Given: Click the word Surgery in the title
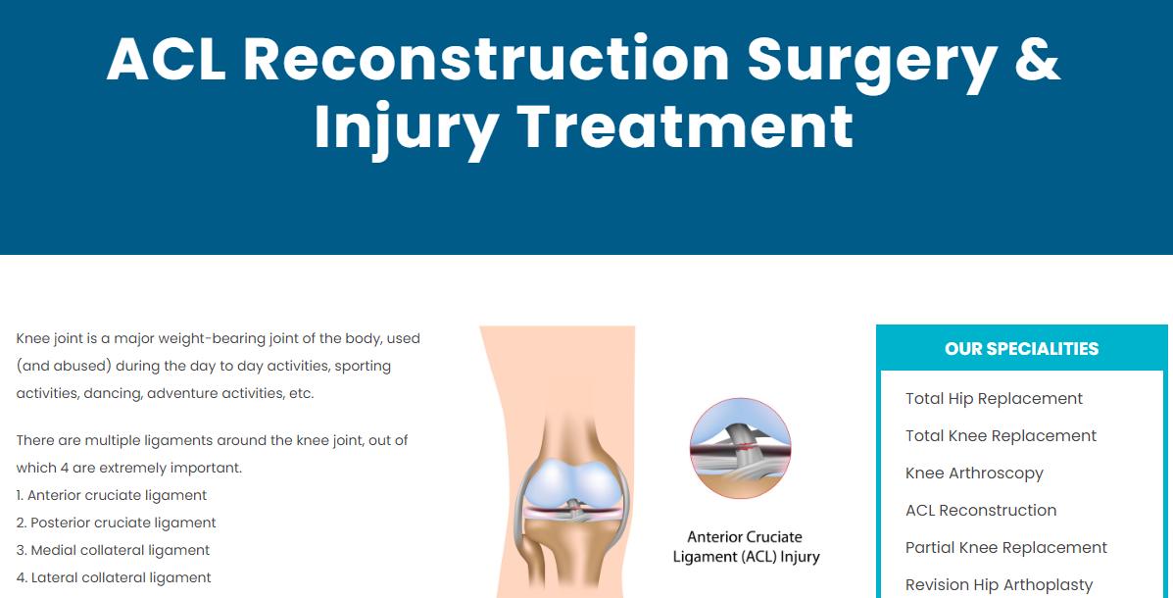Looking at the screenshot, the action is [x=871, y=65].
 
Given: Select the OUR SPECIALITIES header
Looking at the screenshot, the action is [x=1021, y=349].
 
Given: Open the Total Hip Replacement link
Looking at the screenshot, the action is [x=994, y=399].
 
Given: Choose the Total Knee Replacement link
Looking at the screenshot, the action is [x=1001, y=435].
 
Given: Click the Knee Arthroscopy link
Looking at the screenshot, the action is [x=974, y=473].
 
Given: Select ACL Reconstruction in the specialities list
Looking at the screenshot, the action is [x=981, y=511].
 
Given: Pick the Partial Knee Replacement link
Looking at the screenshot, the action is [x=1006, y=548].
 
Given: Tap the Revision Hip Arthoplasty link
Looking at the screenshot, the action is [x=999, y=585].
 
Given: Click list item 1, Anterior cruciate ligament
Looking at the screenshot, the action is [x=112, y=495].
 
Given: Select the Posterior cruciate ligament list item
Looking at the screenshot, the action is [x=116, y=523].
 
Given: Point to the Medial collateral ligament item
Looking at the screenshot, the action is [x=113, y=550].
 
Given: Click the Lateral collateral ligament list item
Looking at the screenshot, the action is [x=114, y=577].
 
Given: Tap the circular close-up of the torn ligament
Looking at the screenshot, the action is [x=740, y=448].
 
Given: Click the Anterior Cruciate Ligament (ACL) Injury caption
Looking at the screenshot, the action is [x=746, y=547].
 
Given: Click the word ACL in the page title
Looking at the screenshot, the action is [x=166, y=59].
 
